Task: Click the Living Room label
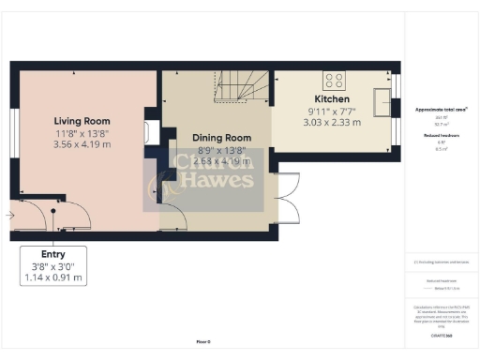pyautogui.click(x=82, y=121)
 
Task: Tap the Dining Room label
pyautogui.click(x=222, y=137)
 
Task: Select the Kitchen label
pyautogui.click(x=332, y=99)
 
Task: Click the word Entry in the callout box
pyautogui.click(x=52, y=254)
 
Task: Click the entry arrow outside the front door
pyautogui.click(x=8, y=217)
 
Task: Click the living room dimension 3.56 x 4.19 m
pyautogui.click(x=82, y=144)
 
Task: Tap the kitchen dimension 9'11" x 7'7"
pyautogui.click(x=332, y=112)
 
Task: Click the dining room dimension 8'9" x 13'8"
pyautogui.click(x=222, y=149)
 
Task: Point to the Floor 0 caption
pyautogui.click(x=203, y=342)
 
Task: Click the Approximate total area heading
pyautogui.click(x=442, y=110)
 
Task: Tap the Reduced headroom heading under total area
pyautogui.click(x=441, y=135)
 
